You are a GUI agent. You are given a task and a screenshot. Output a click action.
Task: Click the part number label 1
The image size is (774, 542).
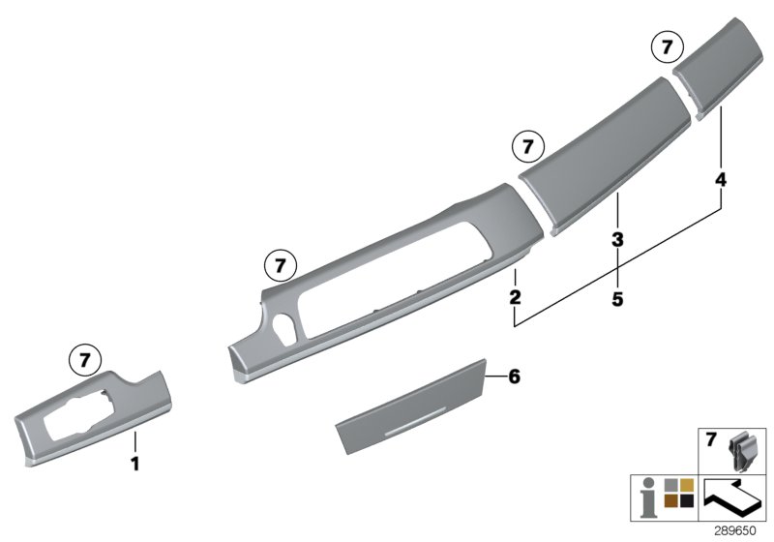[x=135, y=465]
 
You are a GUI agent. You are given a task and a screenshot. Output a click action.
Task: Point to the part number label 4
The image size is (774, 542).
[x=721, y=180]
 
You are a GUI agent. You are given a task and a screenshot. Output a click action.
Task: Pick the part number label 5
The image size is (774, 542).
[x=617, y=299]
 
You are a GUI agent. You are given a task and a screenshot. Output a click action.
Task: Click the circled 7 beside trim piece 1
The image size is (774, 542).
[x=84, y=360]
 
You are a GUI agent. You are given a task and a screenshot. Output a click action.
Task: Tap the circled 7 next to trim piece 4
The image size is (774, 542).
[x=667, y=46]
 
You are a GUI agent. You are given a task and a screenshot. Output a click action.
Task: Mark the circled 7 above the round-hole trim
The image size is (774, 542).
[x=280, y=263]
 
